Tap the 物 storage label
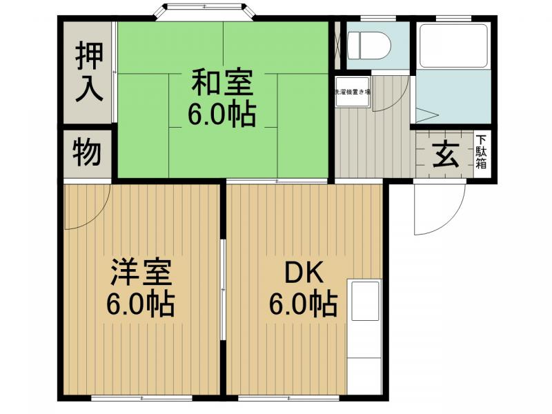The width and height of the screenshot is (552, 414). coord(88,152)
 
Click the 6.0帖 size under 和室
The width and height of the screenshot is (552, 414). coord(222,114)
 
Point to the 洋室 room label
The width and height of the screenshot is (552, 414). coord(140,273)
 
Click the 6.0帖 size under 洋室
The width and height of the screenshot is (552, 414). coord(140,303)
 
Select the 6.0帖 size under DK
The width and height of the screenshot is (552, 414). coord(304,303)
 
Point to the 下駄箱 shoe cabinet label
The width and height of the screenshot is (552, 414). coord(481,152)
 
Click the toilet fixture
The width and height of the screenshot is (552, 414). coord(368,46)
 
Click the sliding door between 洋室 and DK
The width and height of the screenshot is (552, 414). coord(222,290)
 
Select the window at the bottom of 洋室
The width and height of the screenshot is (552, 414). coord(142,399)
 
